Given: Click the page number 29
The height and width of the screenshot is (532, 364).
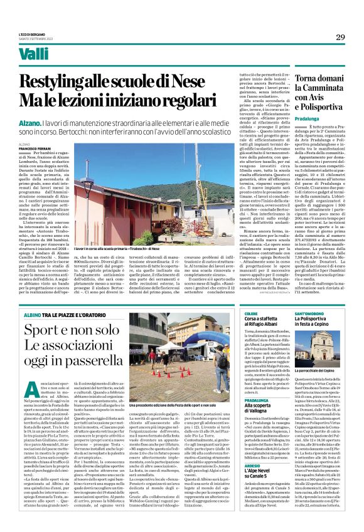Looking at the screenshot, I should [x=340, y=38].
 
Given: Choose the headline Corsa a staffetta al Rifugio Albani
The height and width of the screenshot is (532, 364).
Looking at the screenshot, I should [x=266, y=325].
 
